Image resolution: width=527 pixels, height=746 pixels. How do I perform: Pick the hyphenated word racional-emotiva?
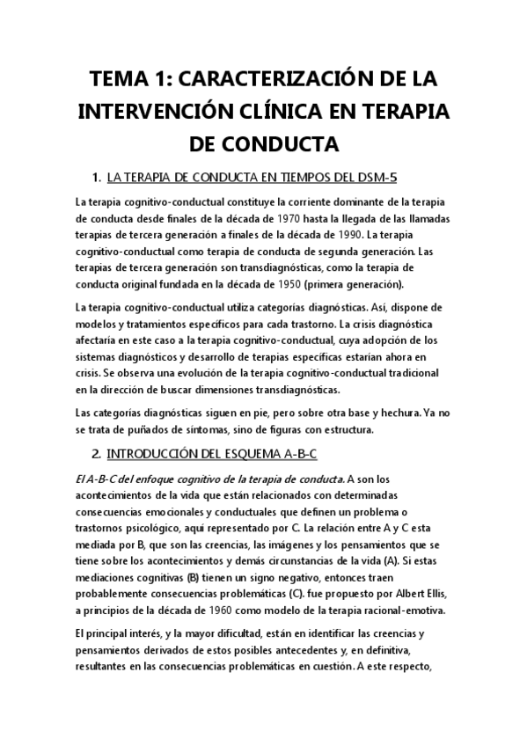coord(403,611)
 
